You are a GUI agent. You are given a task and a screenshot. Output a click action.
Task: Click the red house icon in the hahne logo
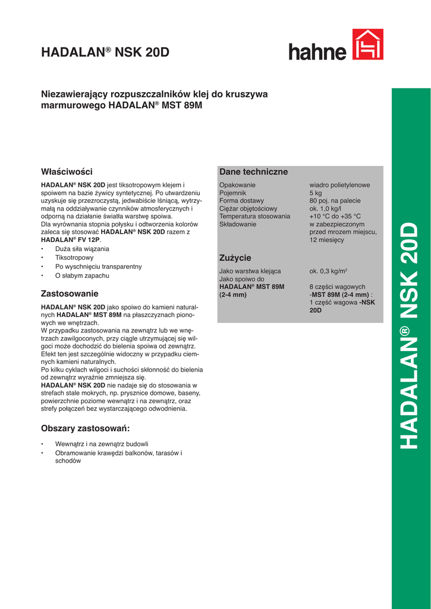pyautogui.click(x=368, y=45)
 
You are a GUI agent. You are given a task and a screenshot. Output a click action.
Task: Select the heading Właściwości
pyautogui.click(x=67, y=171)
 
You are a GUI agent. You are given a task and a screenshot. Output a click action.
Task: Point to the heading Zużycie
pyautogui.click(x=235, y=258)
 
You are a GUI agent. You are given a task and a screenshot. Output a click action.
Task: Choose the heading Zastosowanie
pyautogui.click(x=70, y=293)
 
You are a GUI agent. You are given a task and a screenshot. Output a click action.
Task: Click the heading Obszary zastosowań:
pyautogui.click(x=85, y=428)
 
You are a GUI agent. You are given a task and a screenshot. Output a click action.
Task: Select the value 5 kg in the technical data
pyautogui.click(x=316, y=193)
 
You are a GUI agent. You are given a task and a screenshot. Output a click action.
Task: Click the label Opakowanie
pyautogui.click(x=237, y=185)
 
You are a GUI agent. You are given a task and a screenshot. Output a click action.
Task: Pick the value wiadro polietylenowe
pyautogui.click(x=339, y=185)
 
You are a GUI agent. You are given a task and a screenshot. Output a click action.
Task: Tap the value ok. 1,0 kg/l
pyautogui.click(x=325, y=209)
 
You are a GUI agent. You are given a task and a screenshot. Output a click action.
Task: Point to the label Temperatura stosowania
pyautogui.click(x=254, y=216)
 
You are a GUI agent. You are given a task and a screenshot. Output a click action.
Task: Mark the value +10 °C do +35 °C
pyautogui.click(x=335, y=216)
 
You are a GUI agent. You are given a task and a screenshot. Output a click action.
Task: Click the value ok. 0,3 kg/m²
pyautogui.click(x=328, y=271)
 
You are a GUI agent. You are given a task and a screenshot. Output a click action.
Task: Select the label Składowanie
pyautogui.click(x=238, y=224)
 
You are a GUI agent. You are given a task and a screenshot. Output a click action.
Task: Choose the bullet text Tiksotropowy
pyautogui.click(x=74, y=258)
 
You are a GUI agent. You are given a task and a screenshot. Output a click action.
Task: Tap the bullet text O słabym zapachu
pyautogui.click(x=82, y=275)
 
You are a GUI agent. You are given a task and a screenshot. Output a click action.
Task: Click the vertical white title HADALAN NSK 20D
pyautogui.click(x=411, y=335)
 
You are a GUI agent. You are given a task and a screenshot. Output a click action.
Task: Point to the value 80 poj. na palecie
pyautogui.click(x=335, y=201)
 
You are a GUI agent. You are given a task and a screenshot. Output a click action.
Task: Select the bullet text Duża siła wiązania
pyautogui.click(x=82, y=249)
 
